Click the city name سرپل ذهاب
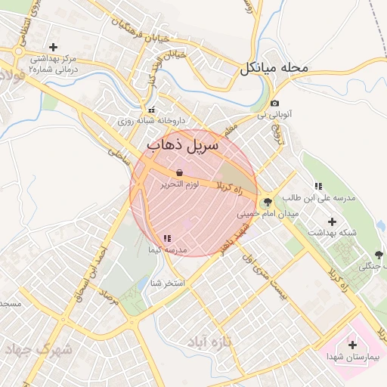[182, 143]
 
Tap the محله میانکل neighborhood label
[275, 69]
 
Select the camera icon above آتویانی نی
[274, 103]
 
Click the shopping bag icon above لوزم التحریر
[178, 173]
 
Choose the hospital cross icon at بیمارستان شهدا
[352, 345]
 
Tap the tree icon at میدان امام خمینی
[266, 202]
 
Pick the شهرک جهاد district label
[38, 350]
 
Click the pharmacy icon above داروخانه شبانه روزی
[151, 110]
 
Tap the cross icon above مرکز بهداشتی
[53, 47]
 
